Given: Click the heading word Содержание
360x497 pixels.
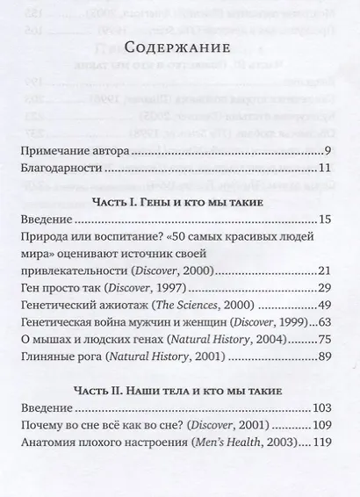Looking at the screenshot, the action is pyautogui.click(x=179, y=47).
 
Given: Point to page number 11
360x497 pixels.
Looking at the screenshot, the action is pyautogui.click(x=322, y=169).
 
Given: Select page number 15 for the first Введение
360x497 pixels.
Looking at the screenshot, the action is pyautogui.click(x=322, y=219).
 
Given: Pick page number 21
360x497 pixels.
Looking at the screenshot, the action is pyautogui.click(x=322, y=270).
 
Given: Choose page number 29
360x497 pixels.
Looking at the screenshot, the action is pyautogui.click(x=322, y=287).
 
